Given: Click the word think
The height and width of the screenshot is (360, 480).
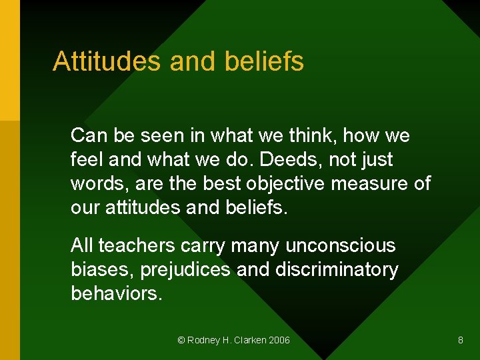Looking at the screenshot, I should [314, 136].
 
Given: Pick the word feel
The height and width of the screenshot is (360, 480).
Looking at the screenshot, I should [86, 160].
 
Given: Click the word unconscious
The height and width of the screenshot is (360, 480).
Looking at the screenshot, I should [340, 246].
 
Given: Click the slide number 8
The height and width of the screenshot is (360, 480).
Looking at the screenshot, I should [461, 340].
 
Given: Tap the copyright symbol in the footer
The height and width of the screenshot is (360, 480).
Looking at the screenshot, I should [181, 340].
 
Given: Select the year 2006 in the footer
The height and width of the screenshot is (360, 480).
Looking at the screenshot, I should [279, 340].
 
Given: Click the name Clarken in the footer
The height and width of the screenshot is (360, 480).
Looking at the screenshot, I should [247, 340].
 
